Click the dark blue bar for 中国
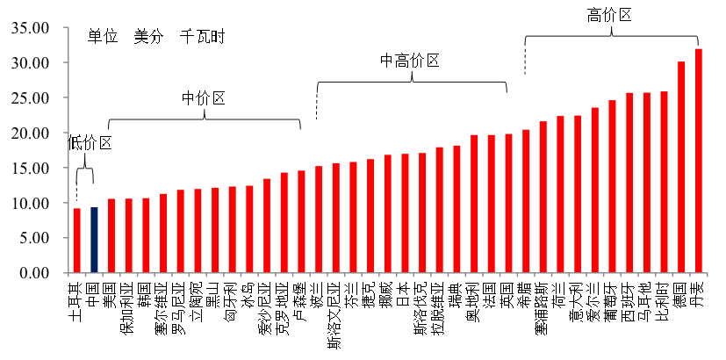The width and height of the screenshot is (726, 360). [x=94, y=240]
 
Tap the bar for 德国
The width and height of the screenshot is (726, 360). [x=681, y=167]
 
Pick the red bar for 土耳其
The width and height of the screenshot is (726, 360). [x=76, y=241]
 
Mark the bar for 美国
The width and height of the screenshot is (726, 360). [x=111, y=235]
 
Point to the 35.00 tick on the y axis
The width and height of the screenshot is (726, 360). [x=27, y=28]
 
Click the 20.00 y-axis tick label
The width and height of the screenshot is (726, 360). [x=27, y=133]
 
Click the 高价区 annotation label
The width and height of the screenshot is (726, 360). [x=609, y=14]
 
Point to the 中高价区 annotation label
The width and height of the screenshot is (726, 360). [x=409, y=60]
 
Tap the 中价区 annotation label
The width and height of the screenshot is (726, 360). [x=203, y=97]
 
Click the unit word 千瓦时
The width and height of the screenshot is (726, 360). [x=202, y=37]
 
